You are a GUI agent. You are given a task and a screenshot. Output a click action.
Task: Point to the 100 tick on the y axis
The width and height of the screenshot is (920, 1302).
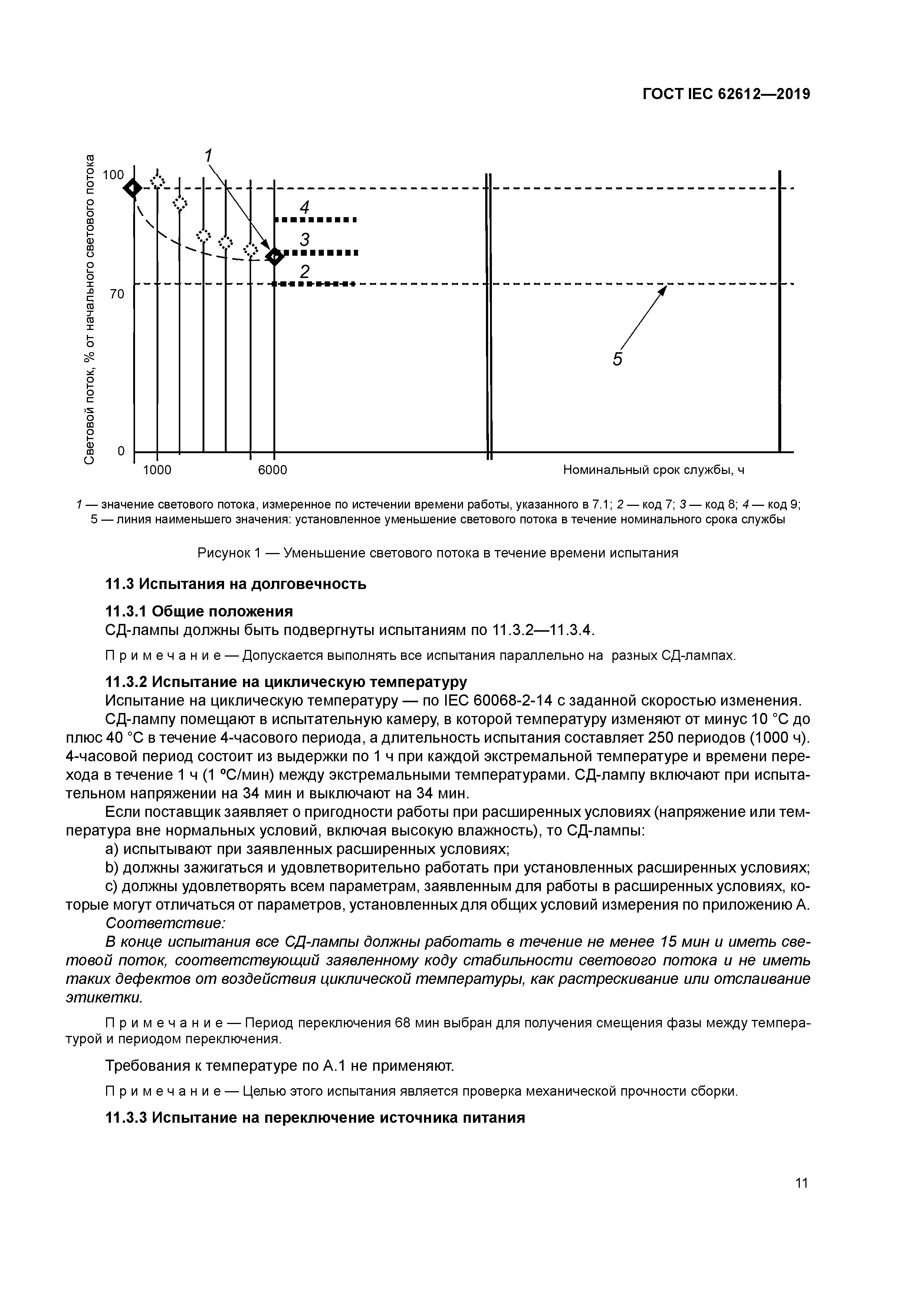click(x=113, y=175)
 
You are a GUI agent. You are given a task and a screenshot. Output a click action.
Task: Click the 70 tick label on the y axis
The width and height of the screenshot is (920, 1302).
click(x=117, y=294)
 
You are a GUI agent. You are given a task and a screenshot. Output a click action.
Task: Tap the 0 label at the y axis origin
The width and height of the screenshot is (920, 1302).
click(x=121, y=451)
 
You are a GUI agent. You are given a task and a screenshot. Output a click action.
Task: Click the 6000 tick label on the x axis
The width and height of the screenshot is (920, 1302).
click(x=273, y=470)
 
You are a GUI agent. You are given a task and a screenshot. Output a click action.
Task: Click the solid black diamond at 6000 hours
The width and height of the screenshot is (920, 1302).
click(x=275, y=256)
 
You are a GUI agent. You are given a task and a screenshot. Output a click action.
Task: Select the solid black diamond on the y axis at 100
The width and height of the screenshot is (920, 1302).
click(x=133, y=188)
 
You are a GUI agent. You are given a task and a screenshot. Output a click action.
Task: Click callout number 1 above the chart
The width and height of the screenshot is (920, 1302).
click(x=208, y=155)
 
